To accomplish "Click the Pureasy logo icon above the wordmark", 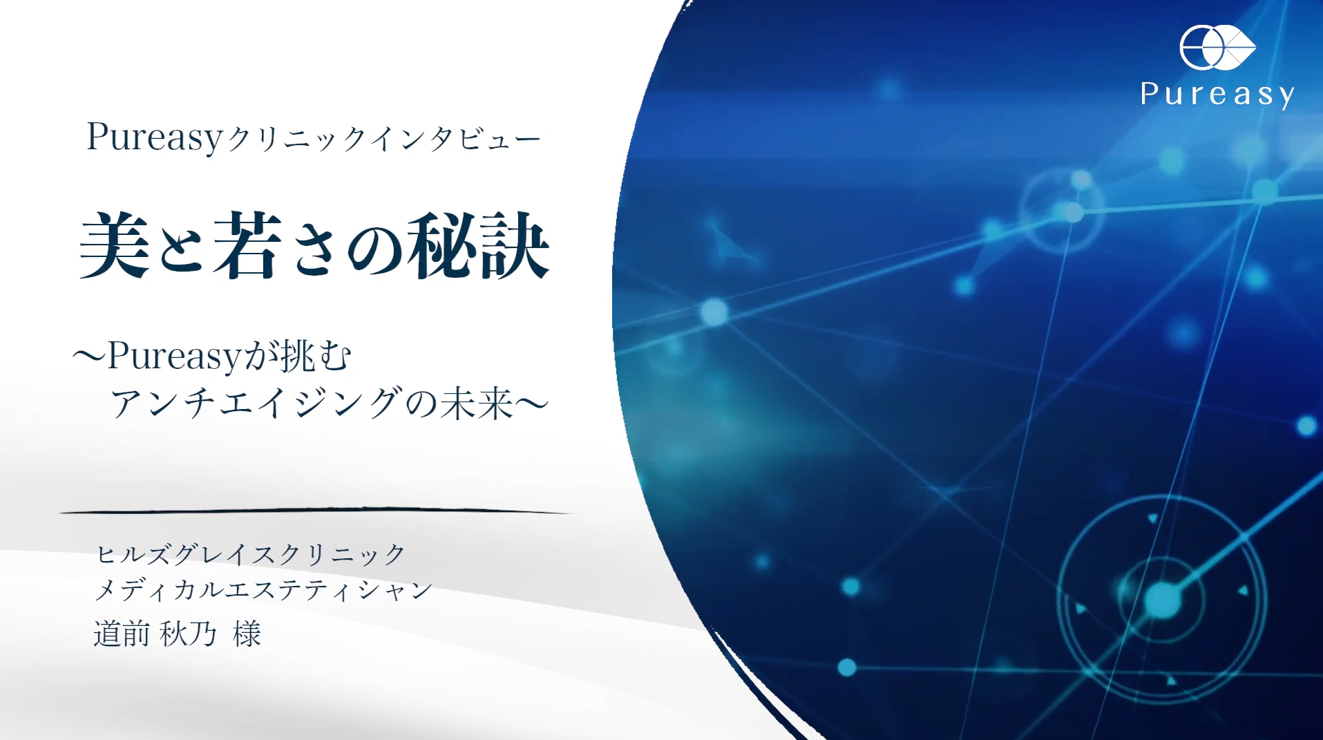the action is click(x=1217, y=48).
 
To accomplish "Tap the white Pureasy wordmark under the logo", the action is click(x=1217, y=95).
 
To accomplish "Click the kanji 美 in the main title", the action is click(x=115, y=245).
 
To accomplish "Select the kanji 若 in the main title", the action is click(x=247, y=245).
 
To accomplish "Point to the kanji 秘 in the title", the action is click(x=442, y=245).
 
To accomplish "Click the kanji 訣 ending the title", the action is click(x=515, y=245).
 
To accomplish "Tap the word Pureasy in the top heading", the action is click(x=154, y=137).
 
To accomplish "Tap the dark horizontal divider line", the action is click(x=315, y=511).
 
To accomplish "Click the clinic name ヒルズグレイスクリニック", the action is click(x=251, y=554).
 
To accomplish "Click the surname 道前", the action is click(x=122, y=634).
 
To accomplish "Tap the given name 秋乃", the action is click(x=188, y=634).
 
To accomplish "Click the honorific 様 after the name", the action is click(x=247, y=634).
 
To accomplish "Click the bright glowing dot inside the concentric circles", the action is click(x=1162, y=600).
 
